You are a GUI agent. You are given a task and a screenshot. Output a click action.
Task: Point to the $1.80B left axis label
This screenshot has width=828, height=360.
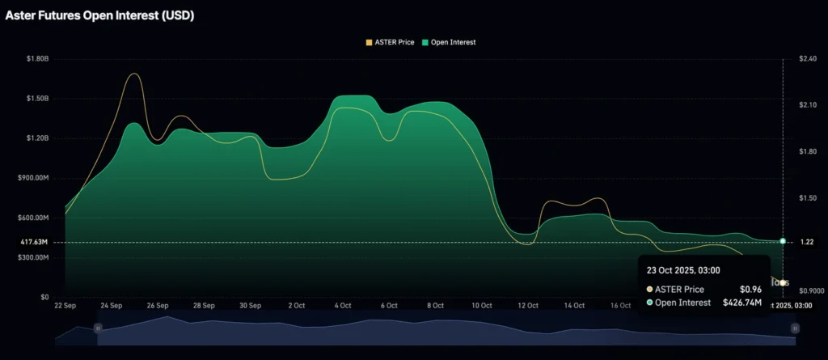(x=37, y=59)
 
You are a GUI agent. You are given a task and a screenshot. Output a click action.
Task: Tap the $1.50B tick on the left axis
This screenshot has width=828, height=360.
(x=37, y=99)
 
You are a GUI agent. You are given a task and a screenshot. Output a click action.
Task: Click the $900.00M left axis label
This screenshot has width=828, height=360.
(x=35, y=178)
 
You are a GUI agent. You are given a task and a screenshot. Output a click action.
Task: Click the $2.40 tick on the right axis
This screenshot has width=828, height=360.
(x=800, y=59)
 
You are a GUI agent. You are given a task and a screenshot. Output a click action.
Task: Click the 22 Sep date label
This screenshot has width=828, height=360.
(x=65, y=306)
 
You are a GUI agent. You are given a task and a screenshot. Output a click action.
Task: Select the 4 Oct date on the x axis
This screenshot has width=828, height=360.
(x=343, y=306)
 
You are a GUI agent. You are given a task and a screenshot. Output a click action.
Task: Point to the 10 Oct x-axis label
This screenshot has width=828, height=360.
(x=482, y=306)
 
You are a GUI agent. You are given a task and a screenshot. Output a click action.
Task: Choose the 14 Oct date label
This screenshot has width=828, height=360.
(x=575, y=306)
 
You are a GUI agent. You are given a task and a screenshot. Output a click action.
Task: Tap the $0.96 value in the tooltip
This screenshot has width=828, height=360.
(x=750, y=289)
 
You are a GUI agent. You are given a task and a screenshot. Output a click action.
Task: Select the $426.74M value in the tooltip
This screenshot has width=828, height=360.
(x=742, y=303)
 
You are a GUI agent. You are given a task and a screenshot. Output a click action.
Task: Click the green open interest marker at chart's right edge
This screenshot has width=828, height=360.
(x=783, y=241)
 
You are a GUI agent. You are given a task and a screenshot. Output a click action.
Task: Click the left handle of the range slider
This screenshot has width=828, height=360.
(x=98, y=328)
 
